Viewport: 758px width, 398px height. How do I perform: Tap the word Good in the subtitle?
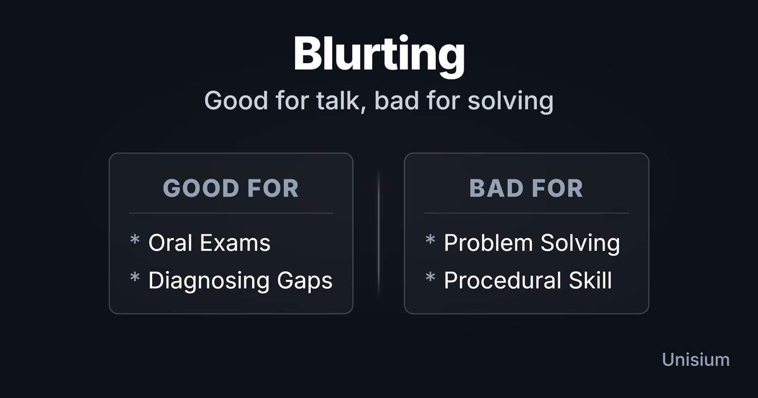click(x=236, y=101)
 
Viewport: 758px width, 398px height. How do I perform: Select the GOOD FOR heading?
click(x=231, y=188)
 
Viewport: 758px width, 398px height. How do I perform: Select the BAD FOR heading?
click(x=526, y=188)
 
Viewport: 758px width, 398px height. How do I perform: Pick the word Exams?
click(x=235, y=243)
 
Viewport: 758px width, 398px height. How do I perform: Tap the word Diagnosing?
click(x=209, y=281)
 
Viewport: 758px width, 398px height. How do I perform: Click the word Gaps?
click(x=304, y=281)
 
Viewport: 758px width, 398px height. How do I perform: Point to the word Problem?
click(x=488, y=243)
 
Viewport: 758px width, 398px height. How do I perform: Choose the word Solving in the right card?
click(x=580, y=243)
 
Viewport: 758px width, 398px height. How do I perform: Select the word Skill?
click(x=590, y=280)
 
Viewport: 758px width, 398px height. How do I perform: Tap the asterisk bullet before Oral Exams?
click(x=135, y=239)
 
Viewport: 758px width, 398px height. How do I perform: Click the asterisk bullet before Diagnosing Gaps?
click(x=135, y=277)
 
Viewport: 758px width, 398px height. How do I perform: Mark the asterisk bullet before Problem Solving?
click(x=430, y=239)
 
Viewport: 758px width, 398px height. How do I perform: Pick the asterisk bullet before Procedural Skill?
click(x=430, y=277)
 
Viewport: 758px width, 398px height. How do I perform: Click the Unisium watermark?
click(x=695, y=359)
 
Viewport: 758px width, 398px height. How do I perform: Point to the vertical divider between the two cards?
click(x=378, y=234)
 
